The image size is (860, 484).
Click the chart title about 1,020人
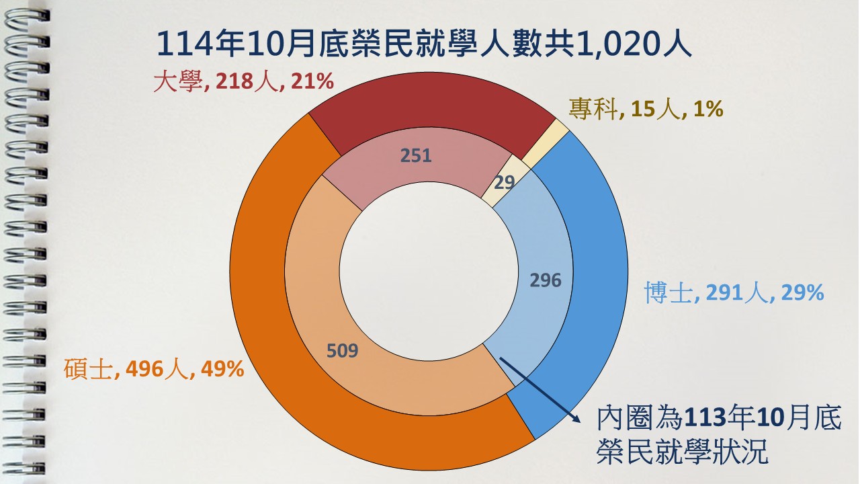[x=423, y=45]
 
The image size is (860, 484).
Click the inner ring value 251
[x=416, y=155]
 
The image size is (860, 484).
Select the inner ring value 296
[x=545, y=280]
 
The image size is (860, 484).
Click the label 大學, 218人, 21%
[x=243, y=83]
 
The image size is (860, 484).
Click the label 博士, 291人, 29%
[x=734, y=292]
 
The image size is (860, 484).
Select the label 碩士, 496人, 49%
[x=154, y=368]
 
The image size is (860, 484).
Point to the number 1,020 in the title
[x=621, y=45]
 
